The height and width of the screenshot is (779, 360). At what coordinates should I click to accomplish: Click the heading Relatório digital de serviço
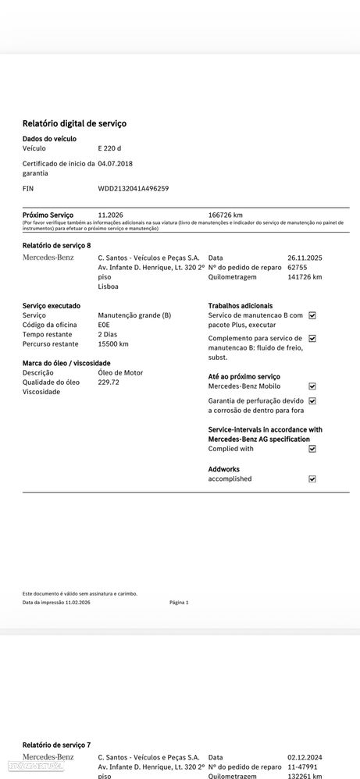tap(74, 123)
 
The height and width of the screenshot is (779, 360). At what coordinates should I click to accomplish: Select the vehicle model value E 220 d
tap(109, 148)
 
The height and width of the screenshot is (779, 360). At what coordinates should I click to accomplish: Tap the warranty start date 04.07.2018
tap(115, 163)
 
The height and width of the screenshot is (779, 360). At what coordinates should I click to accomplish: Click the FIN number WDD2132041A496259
tap(133, 188)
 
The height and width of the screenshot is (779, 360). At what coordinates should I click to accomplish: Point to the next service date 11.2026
tap(110, 215)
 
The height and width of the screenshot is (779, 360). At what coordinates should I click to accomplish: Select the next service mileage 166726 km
tap(226, 215)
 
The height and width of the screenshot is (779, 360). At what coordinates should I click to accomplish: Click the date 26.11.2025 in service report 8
tap(305, 257)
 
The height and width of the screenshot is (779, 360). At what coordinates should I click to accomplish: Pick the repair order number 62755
tap(297, 267)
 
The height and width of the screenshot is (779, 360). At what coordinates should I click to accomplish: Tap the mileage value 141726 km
tap(305, 276)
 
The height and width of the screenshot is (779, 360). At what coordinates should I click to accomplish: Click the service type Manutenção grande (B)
tap(134, 315)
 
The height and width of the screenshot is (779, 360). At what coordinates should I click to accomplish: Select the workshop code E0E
tap(104, 325)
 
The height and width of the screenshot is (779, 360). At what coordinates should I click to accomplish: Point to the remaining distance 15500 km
tap(113, 343)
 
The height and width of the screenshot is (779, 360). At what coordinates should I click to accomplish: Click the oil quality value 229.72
tap(109, 382)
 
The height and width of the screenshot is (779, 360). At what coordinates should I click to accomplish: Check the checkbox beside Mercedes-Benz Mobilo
tap(312, 386)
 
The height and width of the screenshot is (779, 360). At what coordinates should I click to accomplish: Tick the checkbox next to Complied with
tap(312, 449)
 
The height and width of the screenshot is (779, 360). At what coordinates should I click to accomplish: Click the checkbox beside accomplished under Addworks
tap(312, 478)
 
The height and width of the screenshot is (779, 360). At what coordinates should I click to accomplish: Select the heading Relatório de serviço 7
tap(56, 745)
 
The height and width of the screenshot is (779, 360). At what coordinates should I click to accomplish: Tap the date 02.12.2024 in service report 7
tap(305, 757)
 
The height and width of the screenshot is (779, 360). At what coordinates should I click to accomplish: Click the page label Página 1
tap(179, 603)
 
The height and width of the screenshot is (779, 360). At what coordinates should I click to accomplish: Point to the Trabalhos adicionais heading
tap(241, 305)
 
